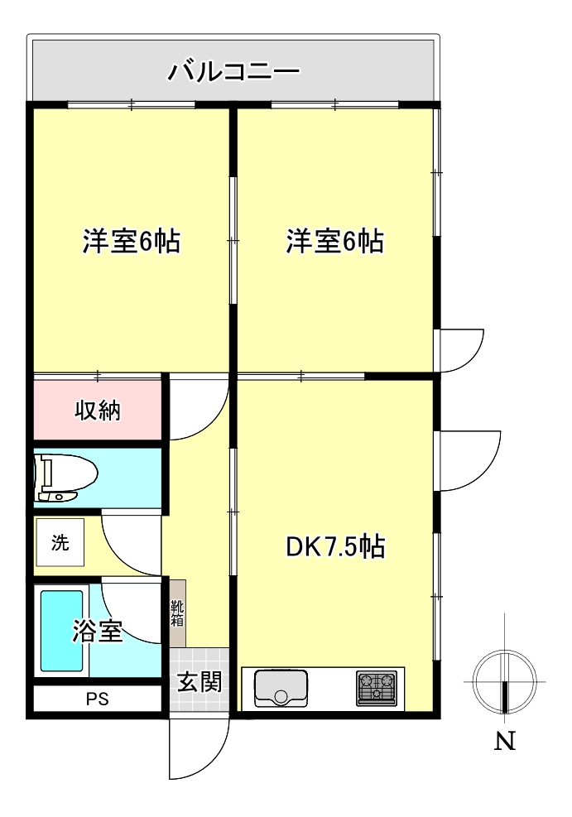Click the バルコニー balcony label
233,71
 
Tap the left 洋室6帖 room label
131,242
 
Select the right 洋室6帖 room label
334,242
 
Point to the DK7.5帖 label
334,547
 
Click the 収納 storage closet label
98,410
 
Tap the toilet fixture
65,478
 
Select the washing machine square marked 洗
60,544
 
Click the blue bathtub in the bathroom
62,632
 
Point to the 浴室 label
99,632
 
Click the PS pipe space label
97,699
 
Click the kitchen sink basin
280,687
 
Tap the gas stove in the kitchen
376,688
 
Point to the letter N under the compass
505,741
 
